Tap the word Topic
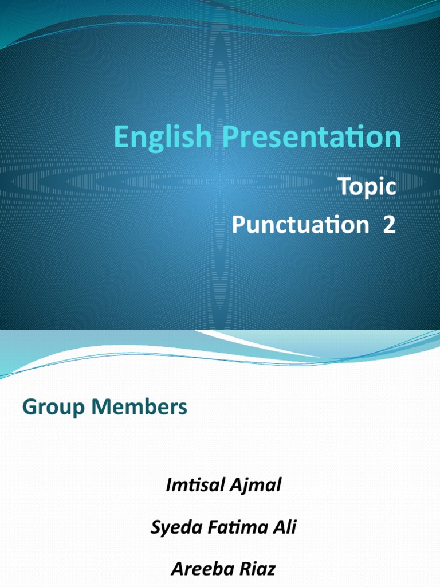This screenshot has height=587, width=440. pos(367,188)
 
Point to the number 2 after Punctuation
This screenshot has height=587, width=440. pos(389,225)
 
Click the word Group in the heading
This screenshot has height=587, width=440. pos(49,408)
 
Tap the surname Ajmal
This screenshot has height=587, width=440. pos(257,486)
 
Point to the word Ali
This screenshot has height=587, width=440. pos(285,527)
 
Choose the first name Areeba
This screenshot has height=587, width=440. pos(198,569)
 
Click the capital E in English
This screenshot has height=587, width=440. pos(120,138)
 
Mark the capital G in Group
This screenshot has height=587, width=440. pos(29,408)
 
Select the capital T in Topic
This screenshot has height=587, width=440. pos(343,187)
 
